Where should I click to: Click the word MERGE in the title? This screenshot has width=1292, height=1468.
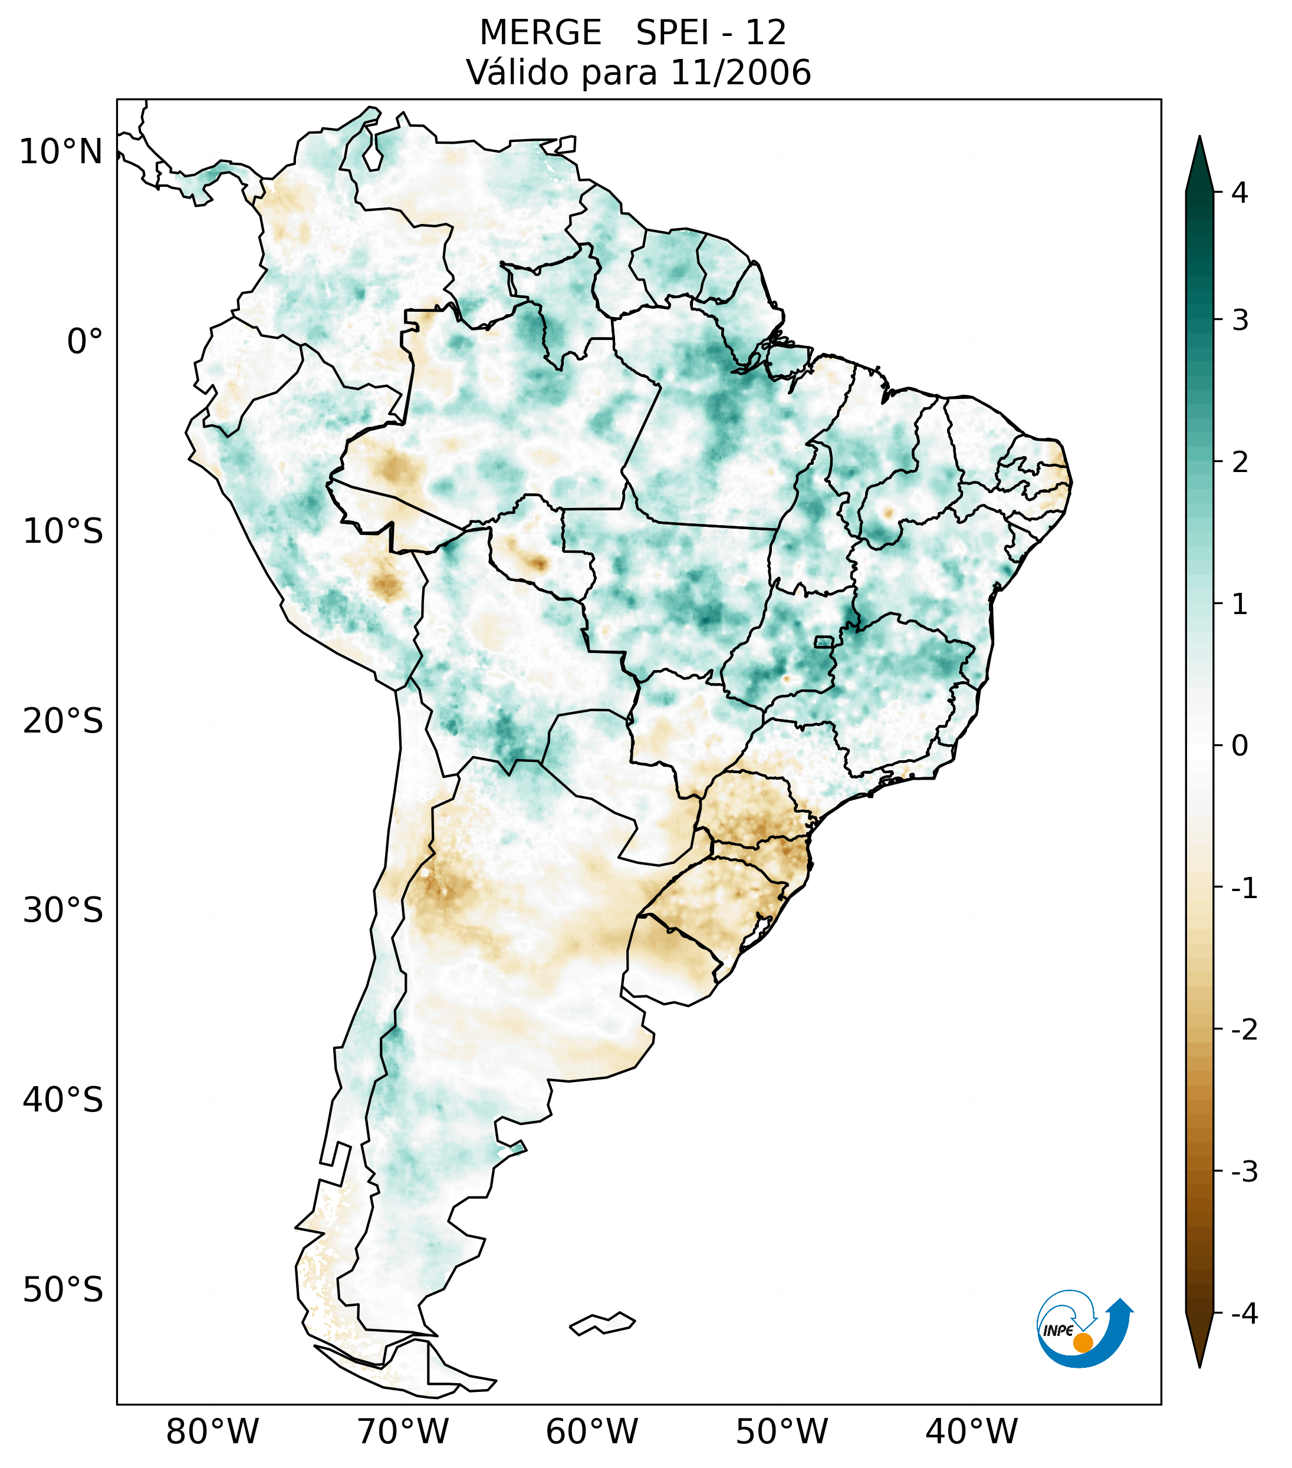(x=540, y=33)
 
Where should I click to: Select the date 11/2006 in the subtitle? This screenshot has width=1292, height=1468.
(x=740, y=72)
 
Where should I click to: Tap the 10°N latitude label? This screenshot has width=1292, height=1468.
(x=60, y=152)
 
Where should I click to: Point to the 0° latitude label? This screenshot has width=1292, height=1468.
(x=84, y=342)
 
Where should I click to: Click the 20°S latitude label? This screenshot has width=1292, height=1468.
(x=63, y=721)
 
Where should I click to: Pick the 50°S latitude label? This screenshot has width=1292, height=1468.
(x=63, y=1291)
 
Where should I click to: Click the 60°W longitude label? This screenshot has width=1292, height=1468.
(x=591, y=1432)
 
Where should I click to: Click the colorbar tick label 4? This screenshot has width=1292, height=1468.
(x=1239, y=193)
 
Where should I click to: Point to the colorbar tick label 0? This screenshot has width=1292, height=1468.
(x=1239, y=746)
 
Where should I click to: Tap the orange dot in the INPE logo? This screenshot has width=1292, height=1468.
(x=1082, y=1342)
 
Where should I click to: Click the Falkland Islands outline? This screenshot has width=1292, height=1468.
(x=602, y=1323)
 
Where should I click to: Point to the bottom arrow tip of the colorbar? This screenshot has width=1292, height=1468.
(x=1199, y=1366)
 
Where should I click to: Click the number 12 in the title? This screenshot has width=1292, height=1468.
(x=765, y=33)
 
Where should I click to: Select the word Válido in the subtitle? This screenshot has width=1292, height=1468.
(x=517, y=72)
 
